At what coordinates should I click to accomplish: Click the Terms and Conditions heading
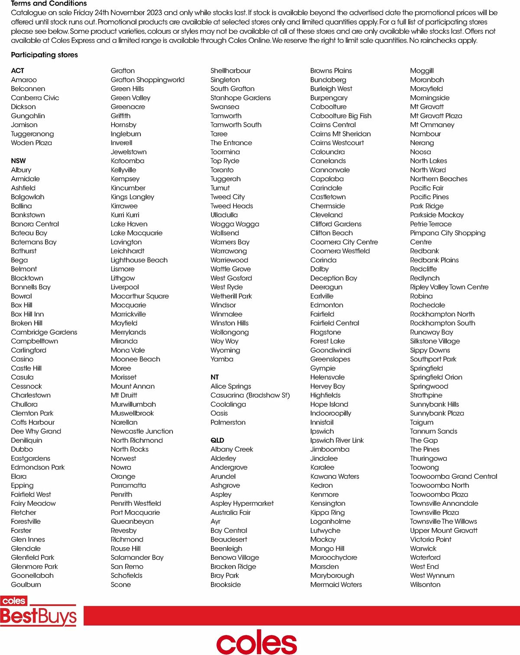coord(49,3)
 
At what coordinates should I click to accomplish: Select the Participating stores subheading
coord(44,55)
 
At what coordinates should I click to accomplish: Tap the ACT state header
coord(18,71)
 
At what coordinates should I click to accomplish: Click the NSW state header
coord(18,161)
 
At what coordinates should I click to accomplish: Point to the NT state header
coord(214,377)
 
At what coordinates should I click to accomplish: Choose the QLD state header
coord(217,440)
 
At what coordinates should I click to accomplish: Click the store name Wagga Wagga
coord(234,224)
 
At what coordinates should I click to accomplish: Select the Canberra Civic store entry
coord(35,98)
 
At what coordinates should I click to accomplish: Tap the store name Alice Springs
coord(231,386)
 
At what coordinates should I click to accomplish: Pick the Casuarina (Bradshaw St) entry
coord(250,395)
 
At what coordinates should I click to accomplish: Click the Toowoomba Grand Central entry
coord(453,476)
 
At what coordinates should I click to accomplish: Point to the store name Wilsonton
coord(425,584)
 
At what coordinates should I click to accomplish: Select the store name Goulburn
coord(26,584)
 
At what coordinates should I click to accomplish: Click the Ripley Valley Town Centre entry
coord(449,287)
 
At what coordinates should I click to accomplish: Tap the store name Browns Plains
coord(331,71)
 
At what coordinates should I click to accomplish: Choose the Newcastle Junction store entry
coord(142,431)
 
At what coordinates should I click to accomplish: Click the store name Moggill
coord(422,71)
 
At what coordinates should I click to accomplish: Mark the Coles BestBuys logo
coord(38,611)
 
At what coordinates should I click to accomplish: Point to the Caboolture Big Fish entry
coord(341,116)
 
